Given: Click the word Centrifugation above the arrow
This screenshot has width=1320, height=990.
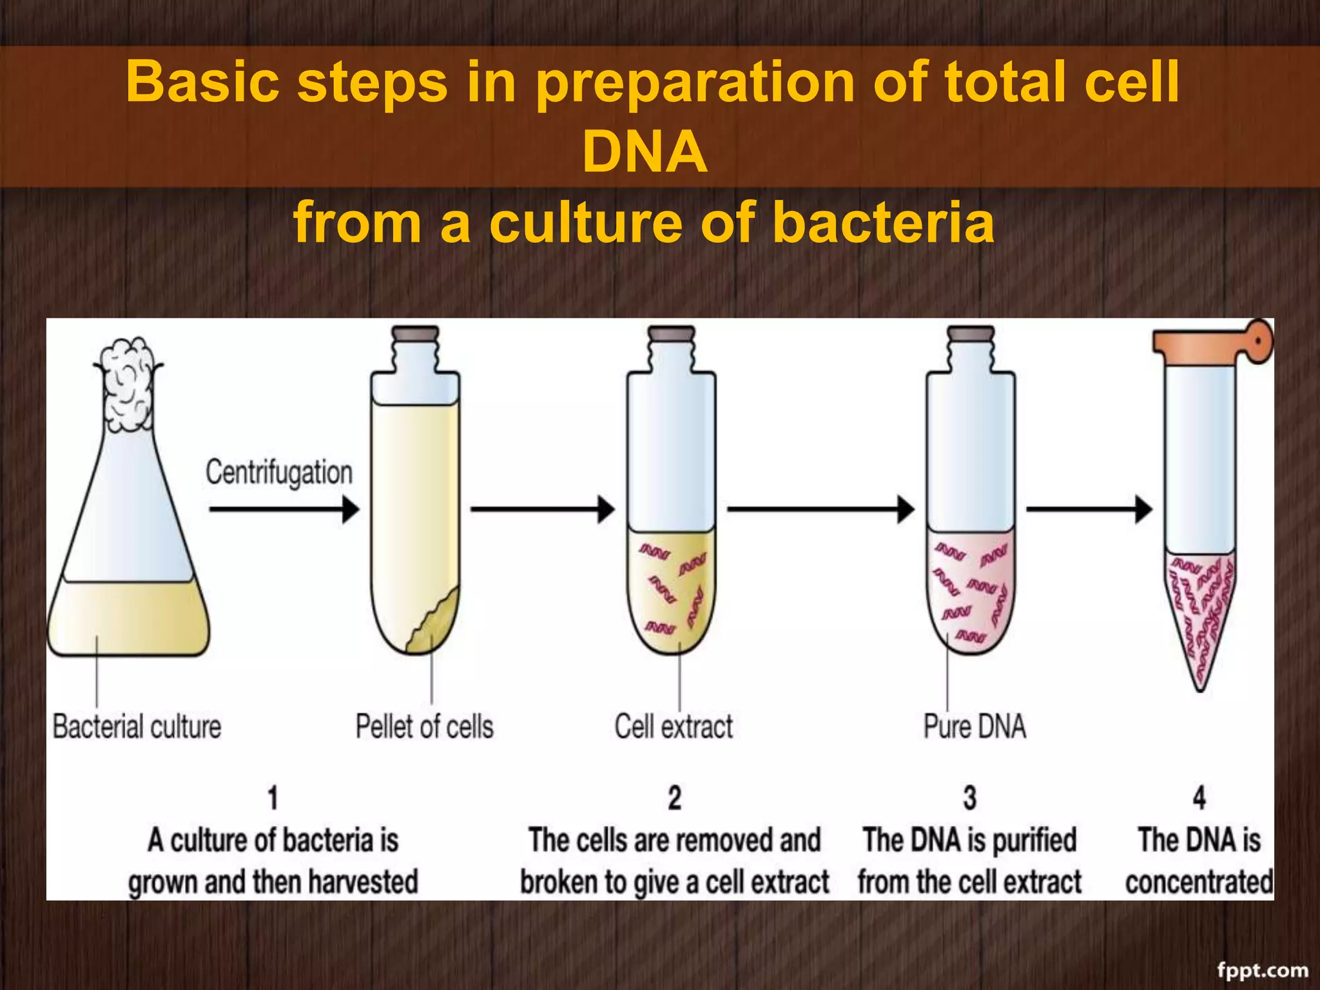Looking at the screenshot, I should click(x=279, y=472).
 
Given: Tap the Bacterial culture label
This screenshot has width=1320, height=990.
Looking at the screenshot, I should click(x=137, y=726).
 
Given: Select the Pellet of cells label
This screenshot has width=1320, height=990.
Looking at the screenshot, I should click(x=425, y=726).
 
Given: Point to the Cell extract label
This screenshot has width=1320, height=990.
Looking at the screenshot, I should click(x=674, y=726).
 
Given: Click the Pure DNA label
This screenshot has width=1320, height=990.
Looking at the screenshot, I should click(x=975, y=726).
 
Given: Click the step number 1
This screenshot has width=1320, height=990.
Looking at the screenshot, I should click(x=273, y=798).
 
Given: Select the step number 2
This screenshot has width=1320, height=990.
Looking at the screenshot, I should click(x=674, y=798).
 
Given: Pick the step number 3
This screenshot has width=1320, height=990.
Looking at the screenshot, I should click(x=969, y=798).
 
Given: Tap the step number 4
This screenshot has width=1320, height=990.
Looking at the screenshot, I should click(x=1199, y=798).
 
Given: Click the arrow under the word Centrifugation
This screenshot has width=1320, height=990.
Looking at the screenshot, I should click(x=284, y=509).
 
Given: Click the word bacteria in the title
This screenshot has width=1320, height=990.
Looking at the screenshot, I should click(x=883, y=222).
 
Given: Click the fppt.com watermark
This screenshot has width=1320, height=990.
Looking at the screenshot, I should click(x=1262, y=969).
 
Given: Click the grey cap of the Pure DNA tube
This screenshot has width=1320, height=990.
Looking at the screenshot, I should click(x=970, y=333).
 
